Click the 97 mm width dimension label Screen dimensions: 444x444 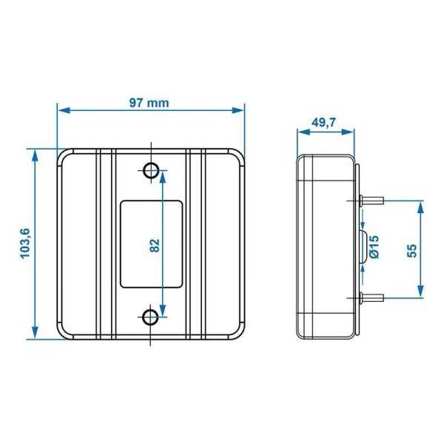coord(149,102)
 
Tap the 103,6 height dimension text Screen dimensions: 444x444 coord(26,243)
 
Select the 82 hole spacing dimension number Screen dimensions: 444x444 coord(155,245)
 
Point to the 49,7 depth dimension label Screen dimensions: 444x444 coord(323,124)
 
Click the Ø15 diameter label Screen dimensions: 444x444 coord(374,246)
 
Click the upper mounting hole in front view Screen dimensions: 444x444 coord(150,170)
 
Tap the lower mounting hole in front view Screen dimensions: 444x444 coord(150,318)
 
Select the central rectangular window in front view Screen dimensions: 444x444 coord(151,243)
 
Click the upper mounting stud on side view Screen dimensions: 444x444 coord(372,199)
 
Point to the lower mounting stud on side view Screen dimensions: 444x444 coord(372,297)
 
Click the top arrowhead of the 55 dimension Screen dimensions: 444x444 coord(420,204)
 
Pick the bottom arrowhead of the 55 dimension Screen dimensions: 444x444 coord(420,292)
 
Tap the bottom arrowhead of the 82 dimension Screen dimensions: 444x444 coord(163,313)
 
